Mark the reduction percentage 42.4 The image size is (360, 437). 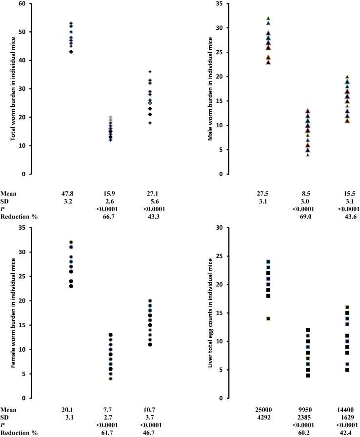point(347,433)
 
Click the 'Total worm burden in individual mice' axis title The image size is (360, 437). point(10,89)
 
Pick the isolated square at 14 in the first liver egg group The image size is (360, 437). point(268,318)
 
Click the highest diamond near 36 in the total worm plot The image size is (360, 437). point(150,72)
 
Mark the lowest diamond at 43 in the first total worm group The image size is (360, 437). point(71,52)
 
